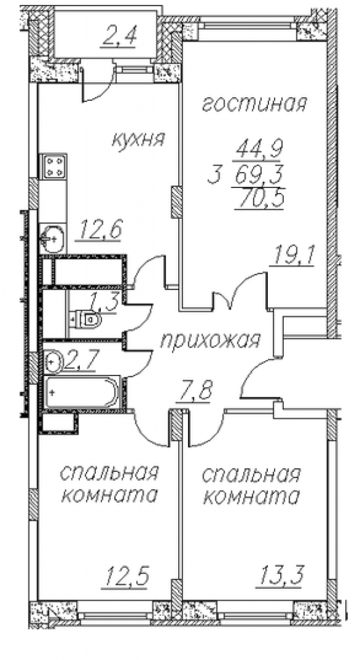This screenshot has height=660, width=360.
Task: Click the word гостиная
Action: [x=254, y=103]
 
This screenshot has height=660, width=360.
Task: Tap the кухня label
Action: [x=138, y=139]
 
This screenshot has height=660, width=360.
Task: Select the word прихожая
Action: [x=210, y=340]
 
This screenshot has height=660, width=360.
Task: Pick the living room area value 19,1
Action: [x=294, y=255]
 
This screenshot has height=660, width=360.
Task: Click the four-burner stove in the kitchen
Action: [x=53, y=166]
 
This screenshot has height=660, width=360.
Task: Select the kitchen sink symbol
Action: [x=53, y=238]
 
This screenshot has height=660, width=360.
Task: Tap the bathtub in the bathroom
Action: [x=83, y=392]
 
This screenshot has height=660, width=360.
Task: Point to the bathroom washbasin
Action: [x=53, y=361]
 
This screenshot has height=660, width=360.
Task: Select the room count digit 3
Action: [x=215, y=173]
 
